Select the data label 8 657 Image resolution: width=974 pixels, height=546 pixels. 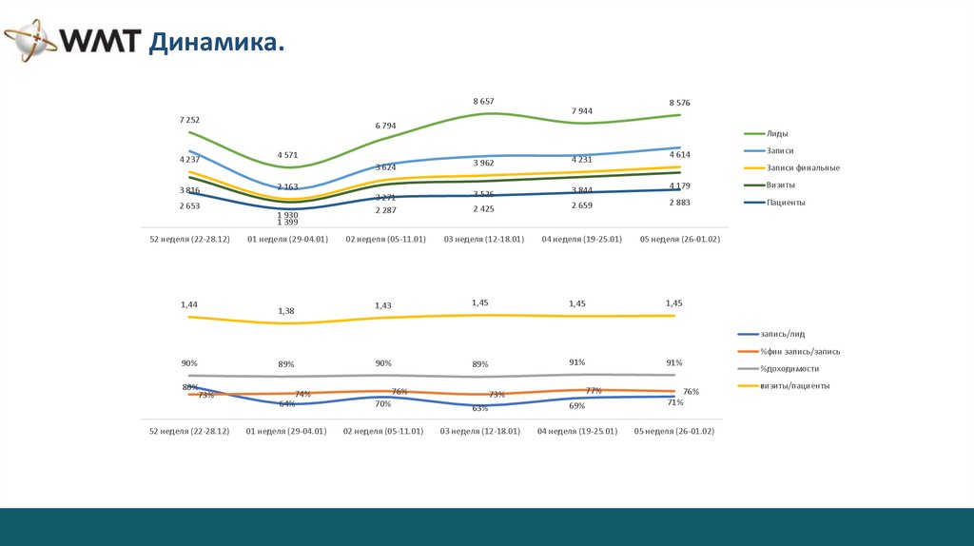[x=483, y=101]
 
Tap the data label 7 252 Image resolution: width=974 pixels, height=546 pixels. [x=189, y=120]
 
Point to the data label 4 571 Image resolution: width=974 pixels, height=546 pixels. [x=287, y=154]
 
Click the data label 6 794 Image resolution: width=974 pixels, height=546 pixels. [x=385, y=126]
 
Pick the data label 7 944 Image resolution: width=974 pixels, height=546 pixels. [x=582, y=110]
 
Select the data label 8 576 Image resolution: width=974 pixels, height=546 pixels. [x=680, y=102]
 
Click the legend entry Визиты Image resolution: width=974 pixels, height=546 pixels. [x=781, y=185]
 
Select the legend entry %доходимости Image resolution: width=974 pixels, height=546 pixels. [x=789, y=368]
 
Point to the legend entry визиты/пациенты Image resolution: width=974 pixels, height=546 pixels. [x=794, y=385]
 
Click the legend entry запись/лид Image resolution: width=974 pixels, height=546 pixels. [x=782, y=334]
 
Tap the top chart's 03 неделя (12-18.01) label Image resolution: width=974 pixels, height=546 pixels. [x=483, y=239]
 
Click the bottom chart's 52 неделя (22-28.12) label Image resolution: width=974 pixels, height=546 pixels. [x=189, y=431]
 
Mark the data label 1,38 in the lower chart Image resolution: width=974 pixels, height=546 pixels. [x=286, y=311]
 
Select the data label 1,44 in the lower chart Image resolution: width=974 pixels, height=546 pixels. [x=189, y=304]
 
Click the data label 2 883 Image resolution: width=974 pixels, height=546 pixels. [x=680, y=203]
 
